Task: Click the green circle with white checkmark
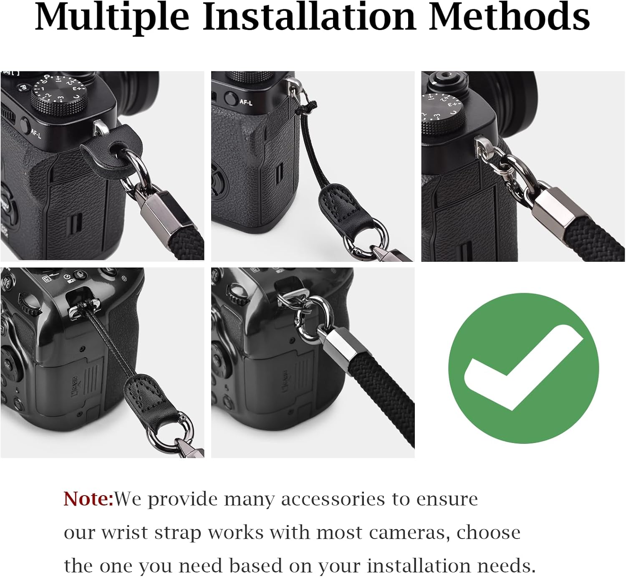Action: tap(523, 368)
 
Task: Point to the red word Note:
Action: tap(88, 499)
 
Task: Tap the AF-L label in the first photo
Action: tap(35, 133)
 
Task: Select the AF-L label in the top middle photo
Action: tap(246, 102)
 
